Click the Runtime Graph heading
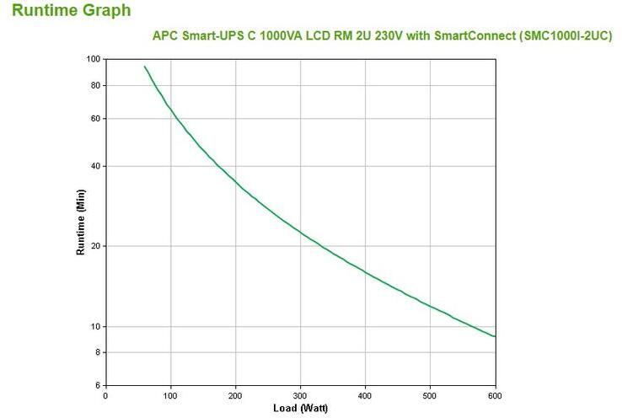[72, 11]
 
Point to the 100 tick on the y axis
[93, 59]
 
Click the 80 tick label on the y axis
[95, 85]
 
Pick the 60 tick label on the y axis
[95, 119]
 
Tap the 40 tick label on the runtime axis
[95, 166]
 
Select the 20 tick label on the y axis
[95, 246]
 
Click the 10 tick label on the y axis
[95, 326]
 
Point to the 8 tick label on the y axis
[98, 352]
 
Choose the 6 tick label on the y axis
[98, 385]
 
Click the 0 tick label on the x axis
[105, 395]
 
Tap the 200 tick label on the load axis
[235, 395]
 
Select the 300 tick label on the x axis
[300, 395]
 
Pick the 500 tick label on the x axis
[430, 395]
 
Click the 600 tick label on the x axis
[495, 395]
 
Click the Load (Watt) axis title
[299, 409]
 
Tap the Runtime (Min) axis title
[82, 222]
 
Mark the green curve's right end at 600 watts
[494, 336]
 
